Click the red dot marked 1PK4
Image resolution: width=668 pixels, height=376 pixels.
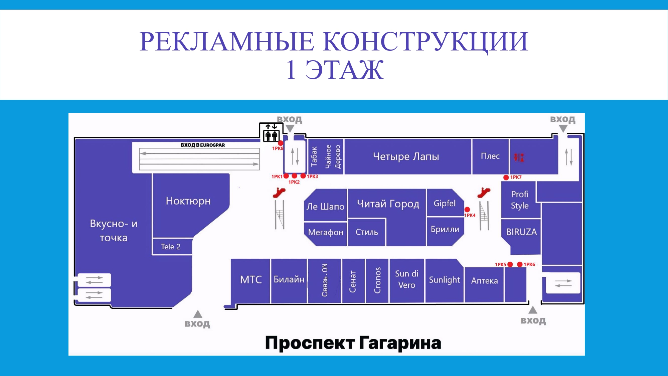click(467, 210)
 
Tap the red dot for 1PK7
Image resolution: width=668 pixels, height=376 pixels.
click(506, 177)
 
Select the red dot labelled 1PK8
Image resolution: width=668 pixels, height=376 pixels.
click(281, 143)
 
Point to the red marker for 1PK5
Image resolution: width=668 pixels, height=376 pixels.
click(510, 264)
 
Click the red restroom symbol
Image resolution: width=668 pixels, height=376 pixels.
click(519, 157)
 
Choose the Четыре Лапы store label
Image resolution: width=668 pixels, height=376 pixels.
click(406, 156)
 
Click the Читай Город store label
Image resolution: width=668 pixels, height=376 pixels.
click(388, 204)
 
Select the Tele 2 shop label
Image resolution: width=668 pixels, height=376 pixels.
click(170, 247)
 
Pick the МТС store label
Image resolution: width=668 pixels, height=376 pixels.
click(251, 279)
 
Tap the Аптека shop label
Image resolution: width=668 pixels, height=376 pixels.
click(484, 281)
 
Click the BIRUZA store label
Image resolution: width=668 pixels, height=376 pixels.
click(521, 232)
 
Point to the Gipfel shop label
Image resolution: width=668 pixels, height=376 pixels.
click(445, 203)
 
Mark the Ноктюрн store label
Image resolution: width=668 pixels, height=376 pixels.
click(188, 201)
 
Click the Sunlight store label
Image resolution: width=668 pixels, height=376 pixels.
click(444, 280)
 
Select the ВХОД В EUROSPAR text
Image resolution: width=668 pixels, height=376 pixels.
click(203, 145)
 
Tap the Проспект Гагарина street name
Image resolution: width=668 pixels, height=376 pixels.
click(353, 343)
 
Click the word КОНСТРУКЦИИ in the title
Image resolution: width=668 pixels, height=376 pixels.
click(426, 41)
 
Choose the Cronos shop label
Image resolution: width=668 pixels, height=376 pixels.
click(377, 280)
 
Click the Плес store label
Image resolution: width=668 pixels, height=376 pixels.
click(490, 156)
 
